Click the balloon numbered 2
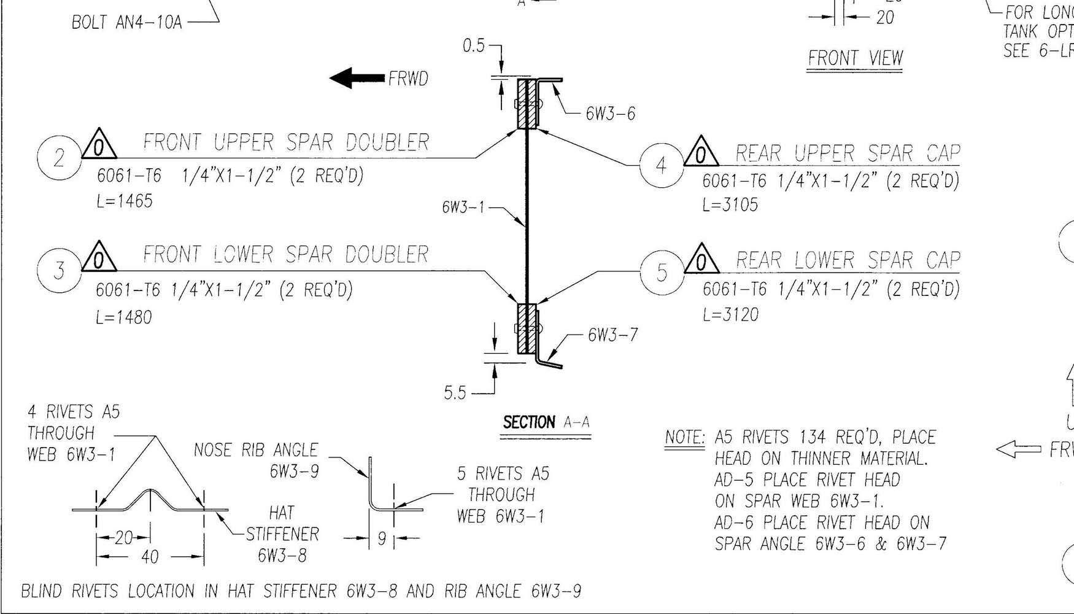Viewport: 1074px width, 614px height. tap(59, 158)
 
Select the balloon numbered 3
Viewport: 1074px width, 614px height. tap(59, 270)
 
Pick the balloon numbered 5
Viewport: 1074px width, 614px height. tap(662, 271)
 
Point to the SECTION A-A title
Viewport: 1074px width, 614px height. tap(546, 423)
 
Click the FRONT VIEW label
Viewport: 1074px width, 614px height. tap(855, 58)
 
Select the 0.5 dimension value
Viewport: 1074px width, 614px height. tap(474, 46)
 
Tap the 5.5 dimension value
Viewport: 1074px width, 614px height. tap(455, 394)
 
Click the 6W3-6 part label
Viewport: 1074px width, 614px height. tap(610, 114)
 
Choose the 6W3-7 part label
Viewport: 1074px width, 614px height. tap(612, 335)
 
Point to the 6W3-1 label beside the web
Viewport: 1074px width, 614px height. tap(463, 208)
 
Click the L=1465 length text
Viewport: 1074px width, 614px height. tap(125, 201)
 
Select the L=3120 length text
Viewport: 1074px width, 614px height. tap(730, 315)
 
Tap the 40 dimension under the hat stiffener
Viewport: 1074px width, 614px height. tap(150, 557)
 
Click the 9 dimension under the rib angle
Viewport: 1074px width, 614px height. tap(381, 539)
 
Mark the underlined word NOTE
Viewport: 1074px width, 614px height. tap(685, 438)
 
